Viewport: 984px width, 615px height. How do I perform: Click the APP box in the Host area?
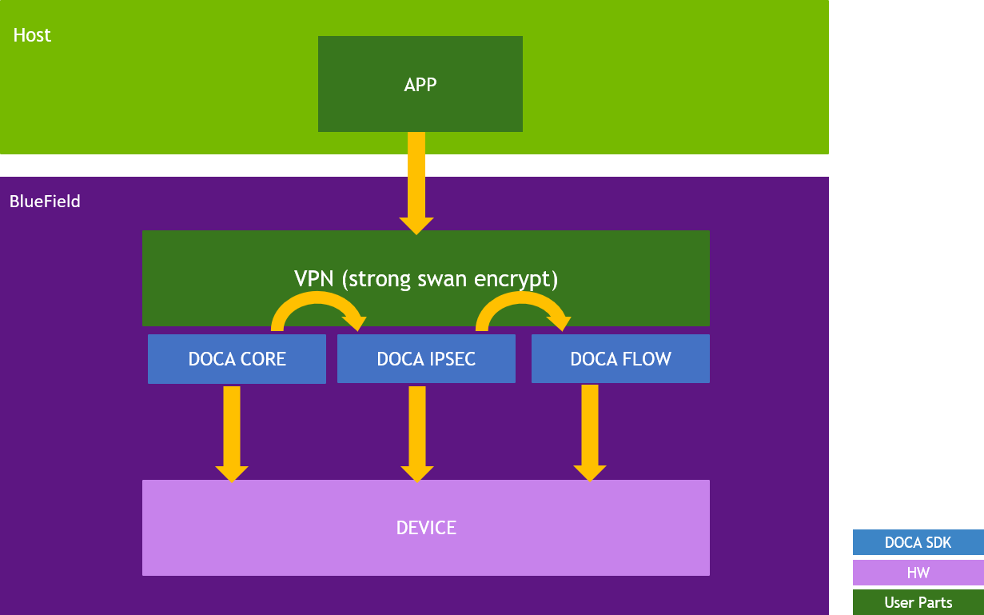[420, 84]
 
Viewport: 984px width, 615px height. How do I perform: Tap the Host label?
[32, 35]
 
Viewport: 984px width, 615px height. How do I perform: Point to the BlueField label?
[45, 202]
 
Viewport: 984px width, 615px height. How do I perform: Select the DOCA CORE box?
[237, 359]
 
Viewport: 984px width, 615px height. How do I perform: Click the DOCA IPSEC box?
[426, 359]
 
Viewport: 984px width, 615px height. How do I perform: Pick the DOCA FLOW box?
[620, 359]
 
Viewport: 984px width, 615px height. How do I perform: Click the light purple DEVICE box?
[426, 528]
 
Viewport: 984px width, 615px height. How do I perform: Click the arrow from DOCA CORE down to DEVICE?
[232, 432]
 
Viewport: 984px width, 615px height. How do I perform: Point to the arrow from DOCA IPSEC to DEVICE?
[416, 432]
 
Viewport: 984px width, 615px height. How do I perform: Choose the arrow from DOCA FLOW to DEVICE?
[590, 432]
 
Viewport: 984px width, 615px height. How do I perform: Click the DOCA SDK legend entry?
[918, 542]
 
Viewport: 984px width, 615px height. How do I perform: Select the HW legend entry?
[918, 573]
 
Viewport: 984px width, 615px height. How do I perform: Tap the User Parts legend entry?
[918, 602]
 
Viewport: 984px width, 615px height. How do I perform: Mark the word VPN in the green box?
[309, 279]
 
